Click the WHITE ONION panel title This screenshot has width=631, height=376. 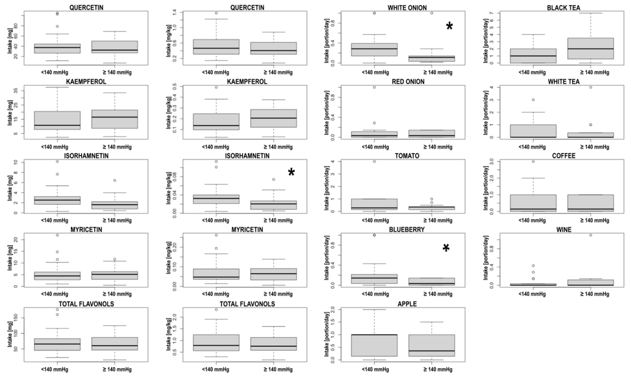407,8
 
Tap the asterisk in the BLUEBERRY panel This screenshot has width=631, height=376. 446,248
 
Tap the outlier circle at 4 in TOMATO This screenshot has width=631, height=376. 374,161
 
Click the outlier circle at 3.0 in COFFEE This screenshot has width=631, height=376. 533,161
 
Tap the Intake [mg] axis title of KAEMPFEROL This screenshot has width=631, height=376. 10,112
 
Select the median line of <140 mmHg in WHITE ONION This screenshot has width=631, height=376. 374,49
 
